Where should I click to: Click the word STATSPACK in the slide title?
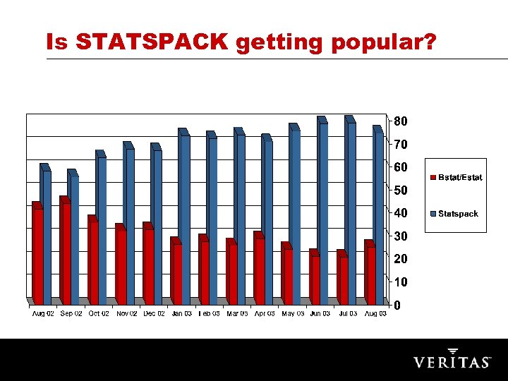click(152, 43)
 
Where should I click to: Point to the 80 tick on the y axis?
click(400, 121)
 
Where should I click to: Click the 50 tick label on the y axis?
click(400, 190)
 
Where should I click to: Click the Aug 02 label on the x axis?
click(43, 314)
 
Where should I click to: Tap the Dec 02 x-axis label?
click(154, 314)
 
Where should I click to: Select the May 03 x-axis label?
click(292, 314)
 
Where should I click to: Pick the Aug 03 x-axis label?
click(375, 314)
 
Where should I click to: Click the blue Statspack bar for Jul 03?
click(350, 212)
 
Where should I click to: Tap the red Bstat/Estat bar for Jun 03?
click(314, 278)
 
